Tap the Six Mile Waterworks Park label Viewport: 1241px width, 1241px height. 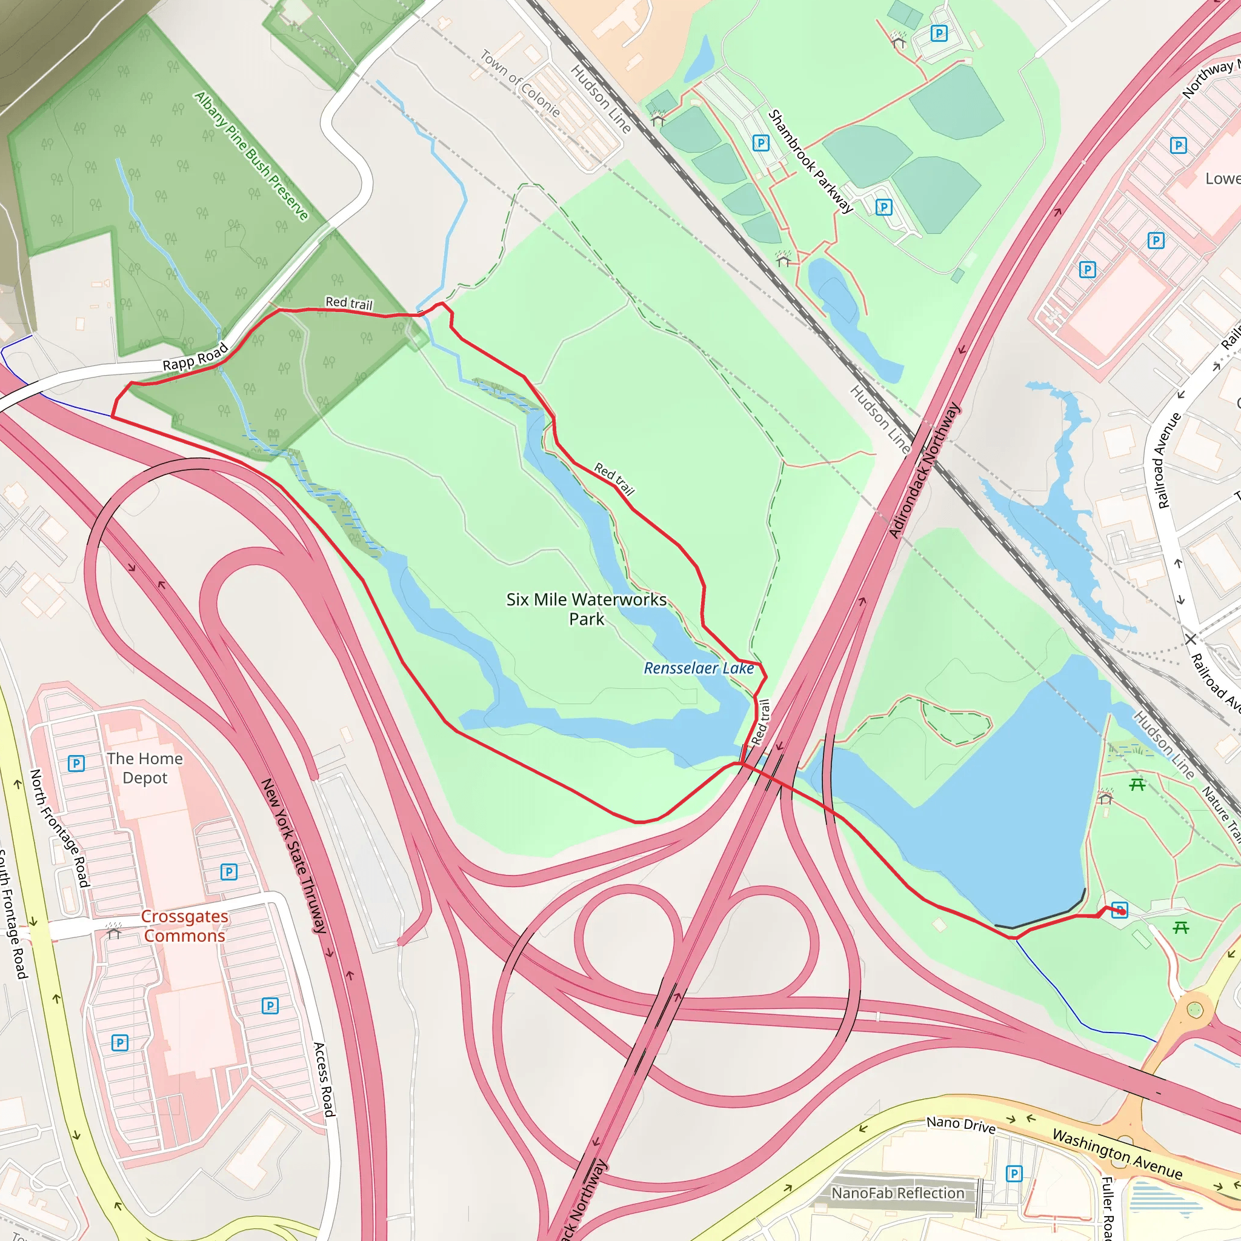[587, 609]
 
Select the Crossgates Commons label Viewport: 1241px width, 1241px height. [184, 926]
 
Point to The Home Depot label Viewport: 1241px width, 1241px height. [145, 768]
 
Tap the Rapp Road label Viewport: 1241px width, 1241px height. [195, 356]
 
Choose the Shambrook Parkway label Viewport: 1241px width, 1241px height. [811, 161]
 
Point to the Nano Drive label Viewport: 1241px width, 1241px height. [960, 1125]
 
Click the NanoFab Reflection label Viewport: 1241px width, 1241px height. [897, 1193]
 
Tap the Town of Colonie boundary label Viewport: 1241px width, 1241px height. [520, 84]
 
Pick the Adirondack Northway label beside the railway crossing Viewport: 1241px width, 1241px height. [924, 470]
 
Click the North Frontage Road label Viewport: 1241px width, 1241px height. [59, 828]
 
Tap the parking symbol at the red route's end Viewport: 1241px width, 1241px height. [1120, 910]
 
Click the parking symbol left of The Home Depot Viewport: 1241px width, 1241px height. [76, 763]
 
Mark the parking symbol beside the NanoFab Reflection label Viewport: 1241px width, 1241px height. [1014, 1174]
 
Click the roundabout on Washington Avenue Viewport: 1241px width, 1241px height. [1194, 1010]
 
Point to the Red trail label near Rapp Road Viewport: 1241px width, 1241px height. [349, 302]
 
